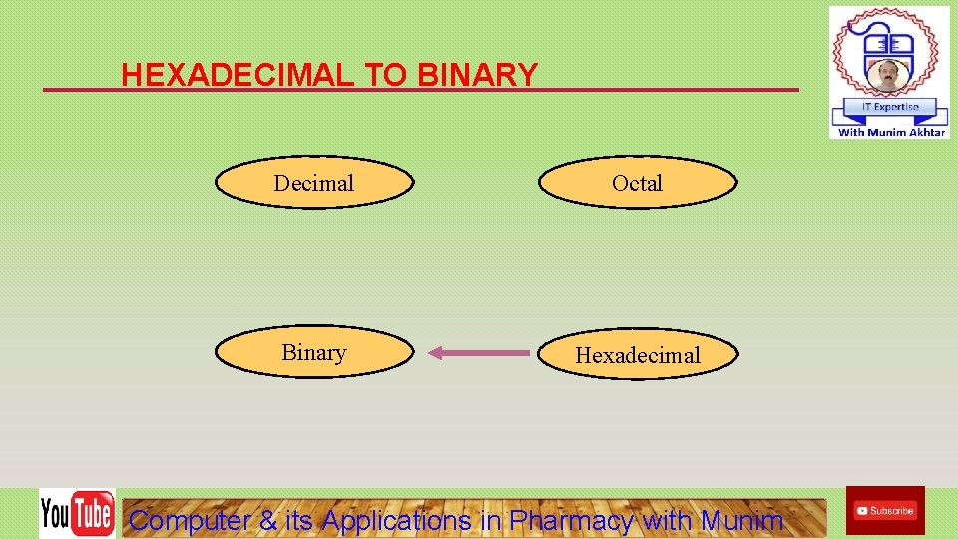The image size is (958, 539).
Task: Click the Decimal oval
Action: [314, 183]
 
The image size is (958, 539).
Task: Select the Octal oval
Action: [638, 183]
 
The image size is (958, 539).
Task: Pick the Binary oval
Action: [314, 353]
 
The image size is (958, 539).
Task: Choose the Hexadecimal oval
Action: [639, 355]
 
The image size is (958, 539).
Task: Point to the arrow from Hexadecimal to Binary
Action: [479, 352]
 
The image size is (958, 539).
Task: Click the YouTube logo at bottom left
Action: [77, 514]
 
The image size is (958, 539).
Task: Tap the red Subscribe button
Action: [885, 511]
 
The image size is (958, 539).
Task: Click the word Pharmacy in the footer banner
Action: [572, 520]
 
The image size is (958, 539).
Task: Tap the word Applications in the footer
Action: [396, 520]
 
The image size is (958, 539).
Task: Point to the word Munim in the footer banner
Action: [741, 520]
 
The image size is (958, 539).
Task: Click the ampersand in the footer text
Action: [268, 520]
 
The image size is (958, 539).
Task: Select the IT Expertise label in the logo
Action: [889, 107]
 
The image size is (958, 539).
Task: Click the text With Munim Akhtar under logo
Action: [891, 132]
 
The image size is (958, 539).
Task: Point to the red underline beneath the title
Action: [649, 90]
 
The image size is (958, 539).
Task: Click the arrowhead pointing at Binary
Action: [436, 352]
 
